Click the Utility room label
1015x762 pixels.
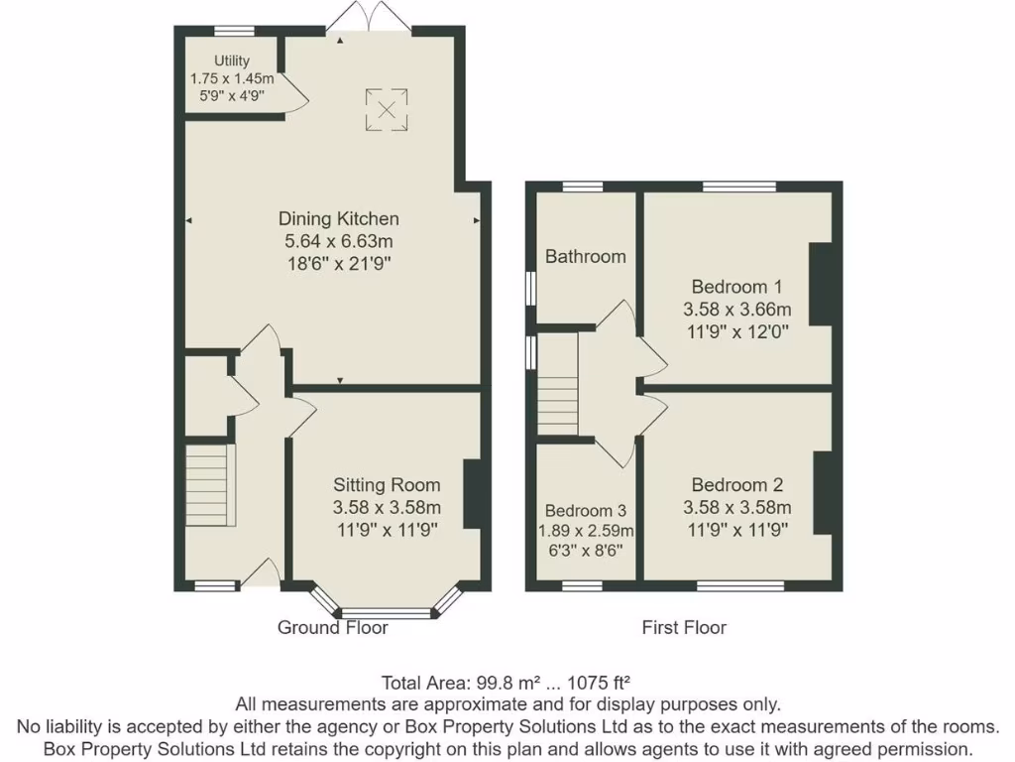(x=233, y=62)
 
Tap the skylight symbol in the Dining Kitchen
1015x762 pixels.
(x=387, y=109)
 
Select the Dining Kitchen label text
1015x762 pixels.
(x=338, y=219)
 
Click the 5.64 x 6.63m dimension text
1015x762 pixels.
(x=338, y=241)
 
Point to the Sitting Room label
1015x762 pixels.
(x=386, y=485)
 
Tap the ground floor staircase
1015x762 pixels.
(x=209, y=486)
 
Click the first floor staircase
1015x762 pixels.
(x=557, y=384)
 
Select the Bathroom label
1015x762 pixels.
(x=586, y=257)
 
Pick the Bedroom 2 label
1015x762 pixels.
(x=737, y=485)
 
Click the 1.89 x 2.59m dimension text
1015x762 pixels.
(x=585, y=531)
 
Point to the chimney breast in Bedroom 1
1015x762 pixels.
(x=821, y=284)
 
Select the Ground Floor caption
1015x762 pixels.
(x=332, y=627)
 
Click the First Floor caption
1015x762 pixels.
(x=684, y=627)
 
